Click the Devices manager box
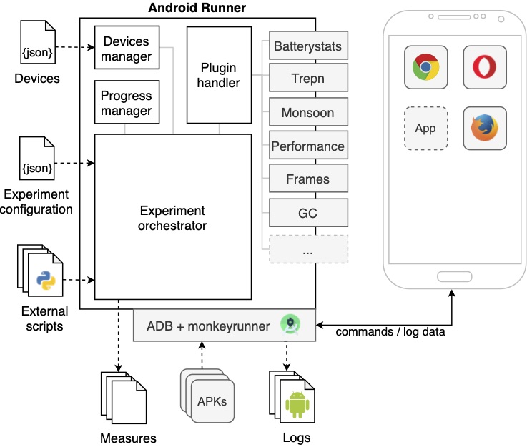pos(127,47)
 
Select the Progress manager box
pos(127,102)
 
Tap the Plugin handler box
pos(219,74)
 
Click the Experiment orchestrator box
pos(173,217)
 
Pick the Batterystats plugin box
pos(308,47)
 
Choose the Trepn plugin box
pos(308,79)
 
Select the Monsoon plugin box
pos(308,113)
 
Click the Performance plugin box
pos(308,146)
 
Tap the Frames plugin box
pos(308,179)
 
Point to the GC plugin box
pos(308,212)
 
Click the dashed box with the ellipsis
pos(308,249)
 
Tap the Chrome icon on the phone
pos(425,67)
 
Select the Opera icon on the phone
pos(485,67)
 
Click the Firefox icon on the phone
pos(485,129)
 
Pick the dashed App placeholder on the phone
pos(425,129)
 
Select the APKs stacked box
pos(211,400)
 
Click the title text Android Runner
pos(197,9)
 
